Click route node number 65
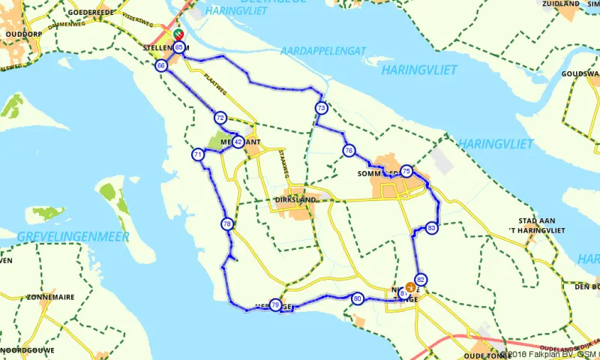pos(178,47)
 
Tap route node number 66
pos(161,66)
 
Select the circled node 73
pos(321,109)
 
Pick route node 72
pos(220,118)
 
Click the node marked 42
pos(238,142)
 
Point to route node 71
pos(198,154)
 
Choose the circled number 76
pos(349,151)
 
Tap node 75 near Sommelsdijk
pos(406,171)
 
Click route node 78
pos(227,223)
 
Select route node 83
pos(431,228)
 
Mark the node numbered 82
pos(420,279)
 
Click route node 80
pos(358,298)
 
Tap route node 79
pos(275,304)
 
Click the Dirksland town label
pos(293,201)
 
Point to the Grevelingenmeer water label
pos(64,237)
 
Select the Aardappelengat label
pos(324,51)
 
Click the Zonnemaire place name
pos(50,297)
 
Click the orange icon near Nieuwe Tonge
pos(410,286)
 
